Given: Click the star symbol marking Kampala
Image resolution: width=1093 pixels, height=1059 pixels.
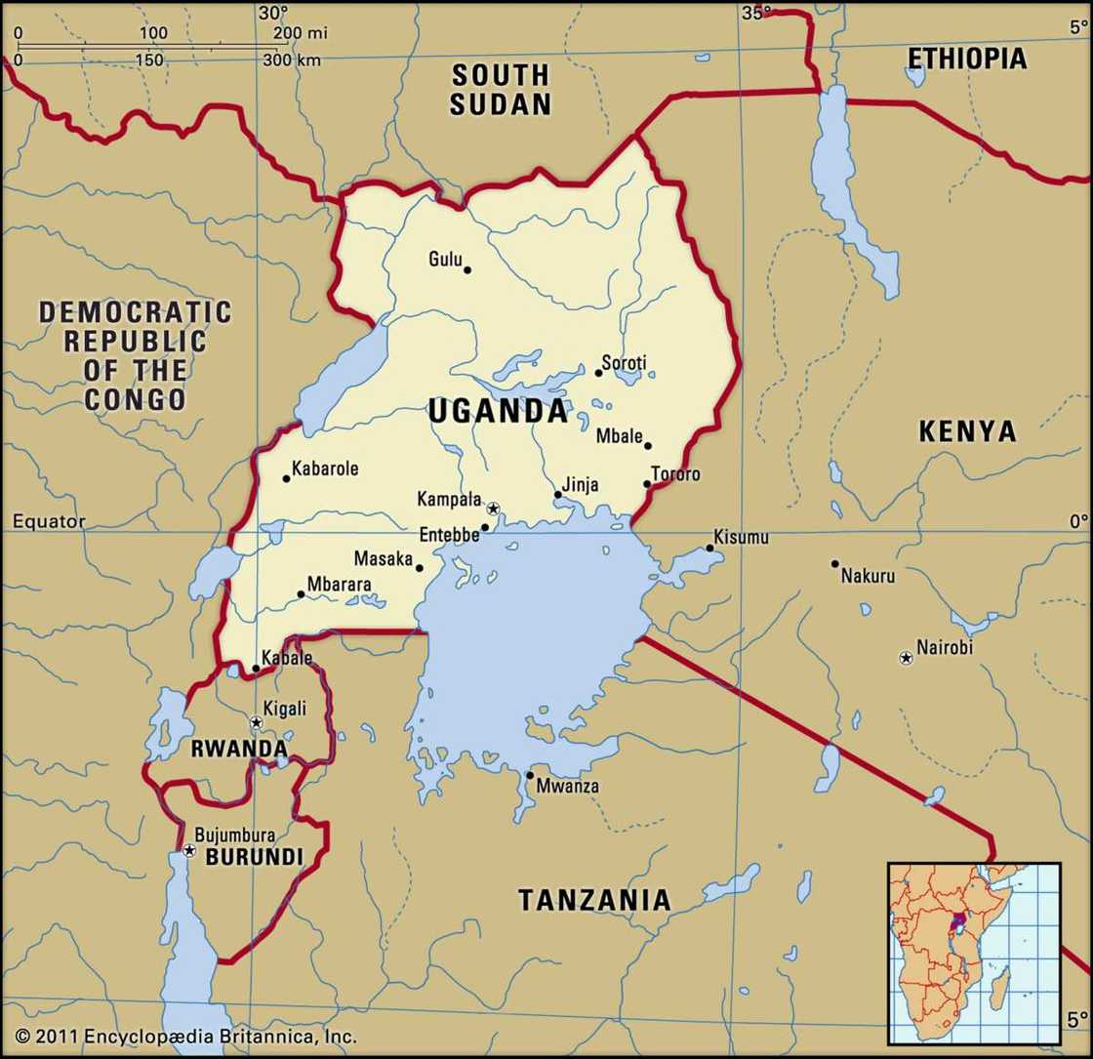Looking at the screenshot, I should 493,509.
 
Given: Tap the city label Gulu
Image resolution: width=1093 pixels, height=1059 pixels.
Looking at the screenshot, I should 445,259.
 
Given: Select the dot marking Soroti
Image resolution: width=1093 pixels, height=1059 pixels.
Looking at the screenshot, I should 598,373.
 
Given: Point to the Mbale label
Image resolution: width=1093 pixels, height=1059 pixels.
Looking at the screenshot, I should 617,436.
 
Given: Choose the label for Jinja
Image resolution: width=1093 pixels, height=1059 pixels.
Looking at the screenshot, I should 581,485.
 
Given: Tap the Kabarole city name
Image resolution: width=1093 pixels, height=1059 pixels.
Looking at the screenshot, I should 325,468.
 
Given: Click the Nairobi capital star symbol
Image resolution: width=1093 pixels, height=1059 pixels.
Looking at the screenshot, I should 906,659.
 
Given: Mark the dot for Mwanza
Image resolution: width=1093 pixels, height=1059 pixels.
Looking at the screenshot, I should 530,776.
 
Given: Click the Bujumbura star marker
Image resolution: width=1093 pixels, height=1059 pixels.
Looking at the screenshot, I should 189,851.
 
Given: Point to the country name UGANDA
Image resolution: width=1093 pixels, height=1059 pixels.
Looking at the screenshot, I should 498,412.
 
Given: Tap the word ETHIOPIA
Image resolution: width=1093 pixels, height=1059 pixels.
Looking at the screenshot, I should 966,59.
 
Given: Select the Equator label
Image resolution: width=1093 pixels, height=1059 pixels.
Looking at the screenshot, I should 49,522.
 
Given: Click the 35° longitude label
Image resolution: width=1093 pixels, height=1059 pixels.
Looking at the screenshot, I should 756,13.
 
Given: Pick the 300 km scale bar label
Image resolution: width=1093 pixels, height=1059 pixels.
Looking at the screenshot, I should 292,61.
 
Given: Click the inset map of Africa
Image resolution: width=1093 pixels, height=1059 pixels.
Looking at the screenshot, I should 973,953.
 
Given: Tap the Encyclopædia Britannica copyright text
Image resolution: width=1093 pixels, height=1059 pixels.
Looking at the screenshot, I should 185,1037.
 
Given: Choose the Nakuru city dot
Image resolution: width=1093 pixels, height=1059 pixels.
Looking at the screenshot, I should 834,563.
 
